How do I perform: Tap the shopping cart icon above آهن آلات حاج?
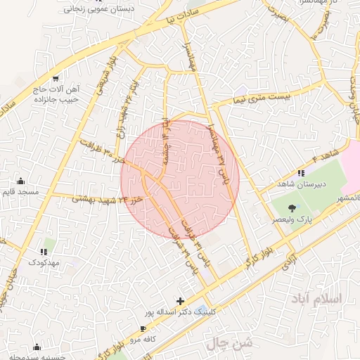click(x=56, y=78)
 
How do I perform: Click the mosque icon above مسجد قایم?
click(x=20, y=181)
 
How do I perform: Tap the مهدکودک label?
click(x=44, y=262)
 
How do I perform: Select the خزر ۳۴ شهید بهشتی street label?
click(x=110, y=199)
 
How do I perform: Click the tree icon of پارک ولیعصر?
click(x=292, y=207)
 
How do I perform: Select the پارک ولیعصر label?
click(x=292, y=219)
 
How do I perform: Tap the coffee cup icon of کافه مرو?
click(x=143, y=328)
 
